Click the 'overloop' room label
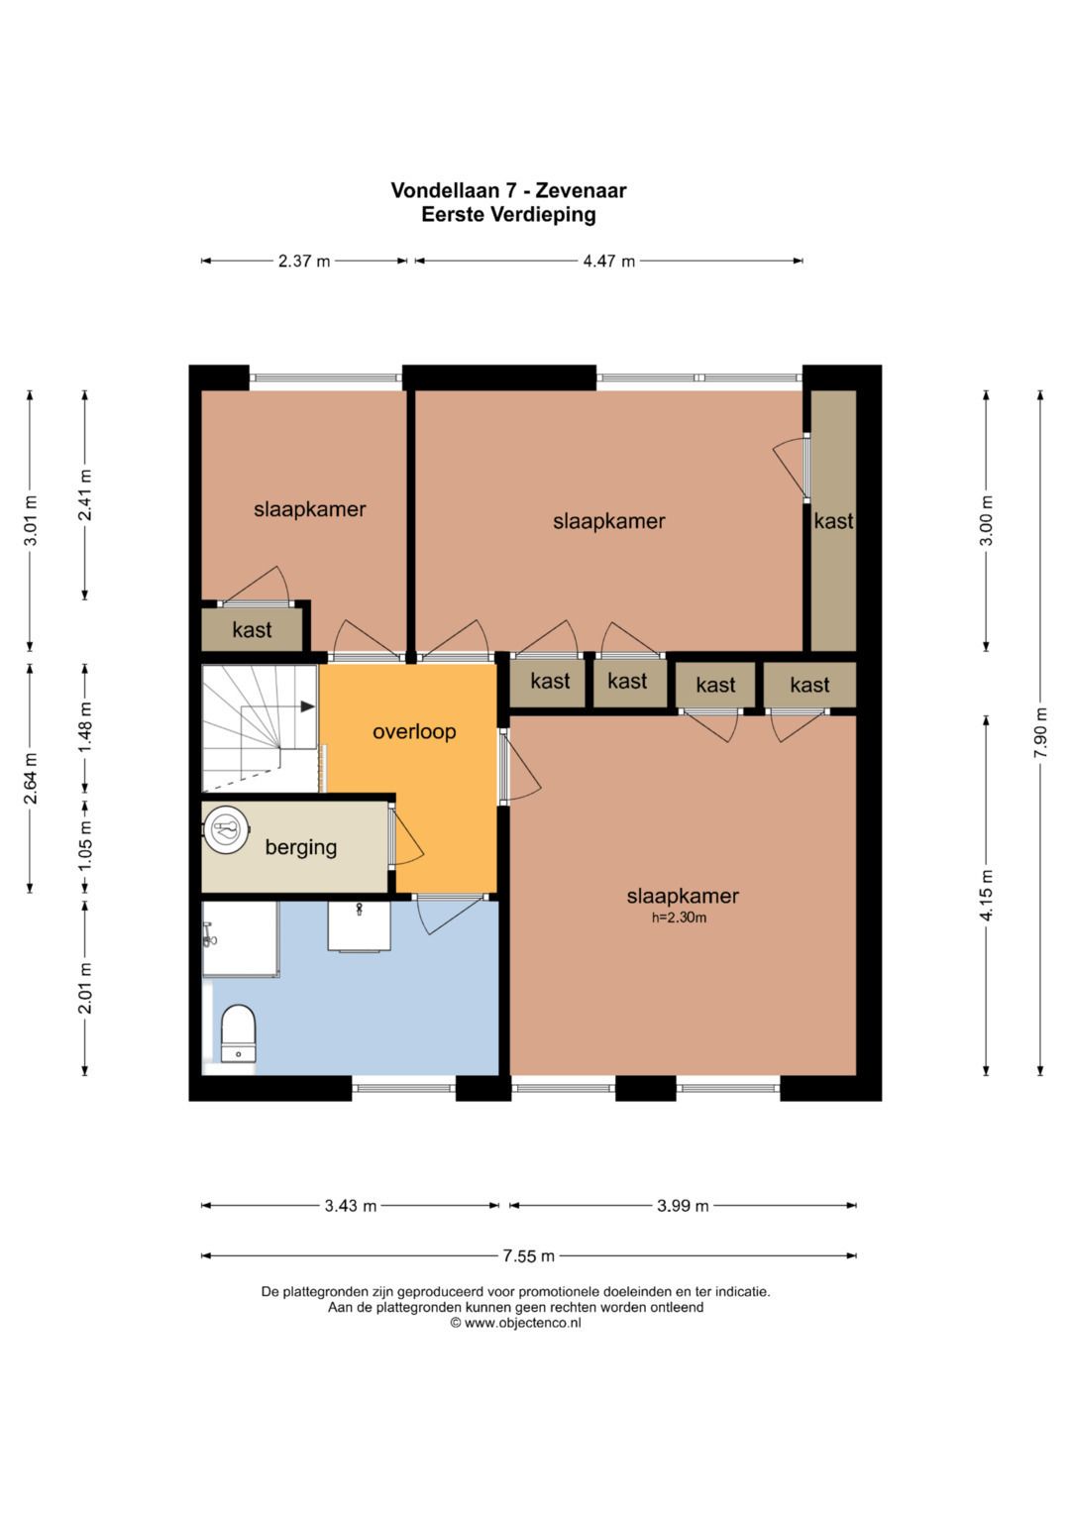[414, 731]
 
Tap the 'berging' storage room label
[300, 847]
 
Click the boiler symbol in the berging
[226, 828]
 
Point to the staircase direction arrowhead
[308, 706]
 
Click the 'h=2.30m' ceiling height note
[679, 918]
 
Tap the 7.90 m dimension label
[1040, 733]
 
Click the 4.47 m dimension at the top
[609, 261]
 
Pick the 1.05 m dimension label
[84, 847]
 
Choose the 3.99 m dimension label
[683, 1206]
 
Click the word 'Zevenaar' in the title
[581, 190]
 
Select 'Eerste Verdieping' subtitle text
[508, 215]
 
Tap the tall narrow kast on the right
[833, 521]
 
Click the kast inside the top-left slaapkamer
[252, 629]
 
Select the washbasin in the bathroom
[359, 926]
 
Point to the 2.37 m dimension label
[304, 261]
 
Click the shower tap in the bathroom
[209, 934]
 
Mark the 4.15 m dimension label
[986, 895]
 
